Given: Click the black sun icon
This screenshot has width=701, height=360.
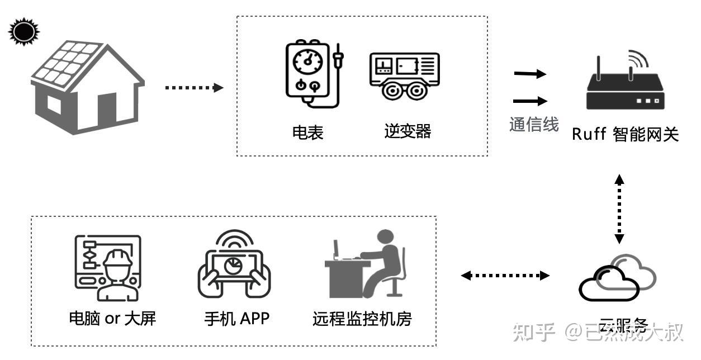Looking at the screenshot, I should coord(23,31).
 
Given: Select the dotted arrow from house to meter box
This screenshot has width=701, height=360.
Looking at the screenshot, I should coord(194,87).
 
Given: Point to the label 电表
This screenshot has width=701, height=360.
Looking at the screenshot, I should coord(308,132).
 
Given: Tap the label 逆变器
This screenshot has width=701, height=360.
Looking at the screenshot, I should coord(408,131).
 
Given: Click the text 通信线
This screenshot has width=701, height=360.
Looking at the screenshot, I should coord(534,124).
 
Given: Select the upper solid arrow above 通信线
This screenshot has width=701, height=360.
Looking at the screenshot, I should coord(529,73).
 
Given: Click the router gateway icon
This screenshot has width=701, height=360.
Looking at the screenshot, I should coord(626,84).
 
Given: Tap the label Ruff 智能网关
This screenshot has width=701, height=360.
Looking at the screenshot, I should coord(625,135).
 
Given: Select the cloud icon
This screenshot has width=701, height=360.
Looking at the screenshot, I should coord(616,278).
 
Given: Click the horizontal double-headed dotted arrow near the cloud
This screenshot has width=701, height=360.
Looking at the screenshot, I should coord(505,275).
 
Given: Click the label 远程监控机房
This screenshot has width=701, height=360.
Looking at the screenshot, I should coord(362,319).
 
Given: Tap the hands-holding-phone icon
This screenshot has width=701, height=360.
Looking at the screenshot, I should coord(234,265).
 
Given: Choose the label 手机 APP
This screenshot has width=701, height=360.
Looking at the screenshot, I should coord(236,319).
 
